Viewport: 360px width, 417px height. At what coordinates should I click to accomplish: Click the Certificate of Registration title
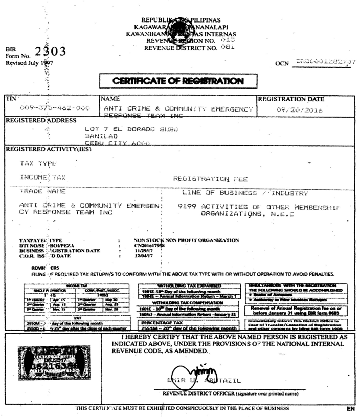coord(178,81)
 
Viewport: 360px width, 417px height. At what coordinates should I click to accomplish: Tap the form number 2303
coord(50,52)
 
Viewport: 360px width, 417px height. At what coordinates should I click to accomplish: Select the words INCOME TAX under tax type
coord(43,178)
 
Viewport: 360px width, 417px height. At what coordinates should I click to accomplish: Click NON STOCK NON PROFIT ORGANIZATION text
coord(186,240)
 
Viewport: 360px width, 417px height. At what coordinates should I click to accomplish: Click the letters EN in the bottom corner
coord(350,409)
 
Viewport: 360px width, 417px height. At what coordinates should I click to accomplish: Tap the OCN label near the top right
coord(282,64)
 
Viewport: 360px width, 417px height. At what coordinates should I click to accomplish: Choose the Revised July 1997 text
coord(29,63)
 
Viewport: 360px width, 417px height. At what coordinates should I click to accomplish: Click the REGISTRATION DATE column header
coord(290,99)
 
